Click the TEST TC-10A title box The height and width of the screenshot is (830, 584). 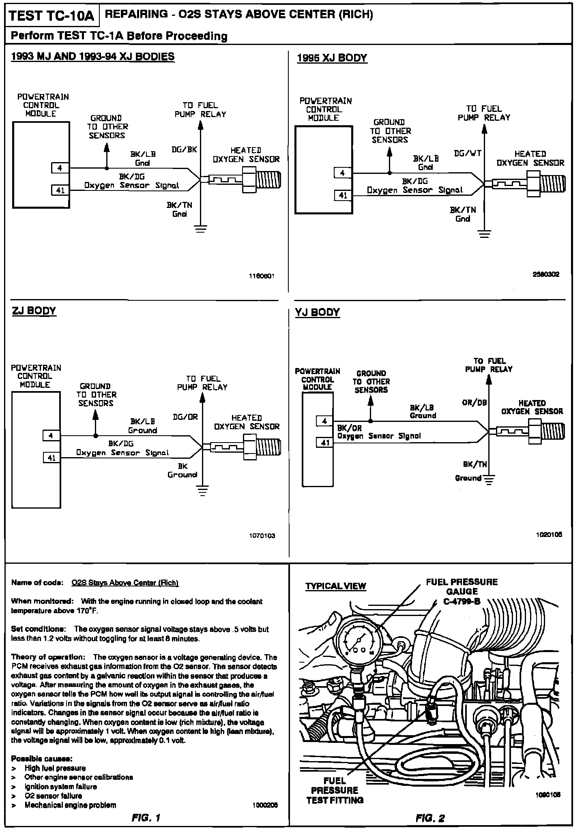click(x=51, y=16)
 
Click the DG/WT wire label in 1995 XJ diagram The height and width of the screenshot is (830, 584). click(x=468, y=154)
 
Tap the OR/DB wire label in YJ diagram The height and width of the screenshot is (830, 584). click(x=474, y=403)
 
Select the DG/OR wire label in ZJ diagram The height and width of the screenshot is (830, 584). click(x=185, y=417)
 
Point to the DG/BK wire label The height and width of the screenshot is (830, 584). click(x=184, y=150)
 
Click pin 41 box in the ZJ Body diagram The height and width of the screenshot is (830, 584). click(x=52, y=458)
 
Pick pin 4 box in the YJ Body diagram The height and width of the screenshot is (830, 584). click(x=324, y=421)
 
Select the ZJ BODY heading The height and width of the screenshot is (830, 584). click(x=34, y=311)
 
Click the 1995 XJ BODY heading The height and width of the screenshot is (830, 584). click(x=332, y=58)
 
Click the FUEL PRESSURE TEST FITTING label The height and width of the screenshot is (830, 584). click(x=335, y=790)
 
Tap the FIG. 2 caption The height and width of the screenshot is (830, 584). click(x=430, y=818)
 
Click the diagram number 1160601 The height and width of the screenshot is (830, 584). click(x=262, y=276)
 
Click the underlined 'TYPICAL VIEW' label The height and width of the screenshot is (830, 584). click(x=335, y=586)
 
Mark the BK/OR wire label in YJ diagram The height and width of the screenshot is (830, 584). click(x=349, y=428)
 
